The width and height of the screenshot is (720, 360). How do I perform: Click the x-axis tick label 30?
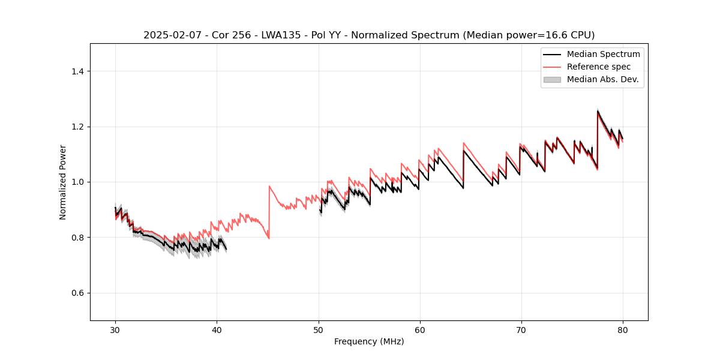tap(116, 330)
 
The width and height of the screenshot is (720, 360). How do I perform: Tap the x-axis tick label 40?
tap(217, 330)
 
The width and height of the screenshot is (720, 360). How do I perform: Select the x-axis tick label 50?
tap(319, 330)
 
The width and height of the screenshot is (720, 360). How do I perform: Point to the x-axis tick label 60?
tap(420, 330)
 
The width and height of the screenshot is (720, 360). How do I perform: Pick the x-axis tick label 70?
tap(521, 330)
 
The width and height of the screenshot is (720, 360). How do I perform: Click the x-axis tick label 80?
tap(623, 330)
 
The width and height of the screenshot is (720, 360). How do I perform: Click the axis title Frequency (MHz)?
tap(369, 341)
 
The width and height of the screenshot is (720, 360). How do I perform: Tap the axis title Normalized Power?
tap(63, 182)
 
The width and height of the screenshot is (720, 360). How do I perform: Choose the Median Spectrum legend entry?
tap(603, 54)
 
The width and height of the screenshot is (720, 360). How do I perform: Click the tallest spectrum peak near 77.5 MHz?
tap(598, 110)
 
